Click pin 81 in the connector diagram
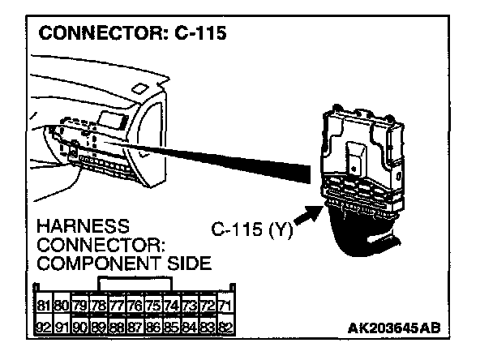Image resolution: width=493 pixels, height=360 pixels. [x=43, y=306]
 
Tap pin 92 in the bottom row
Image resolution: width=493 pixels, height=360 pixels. [x=43, y=328]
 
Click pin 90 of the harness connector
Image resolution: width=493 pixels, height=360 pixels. [x=79, y=328]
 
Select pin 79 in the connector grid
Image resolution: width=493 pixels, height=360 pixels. [x=79, y=306]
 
